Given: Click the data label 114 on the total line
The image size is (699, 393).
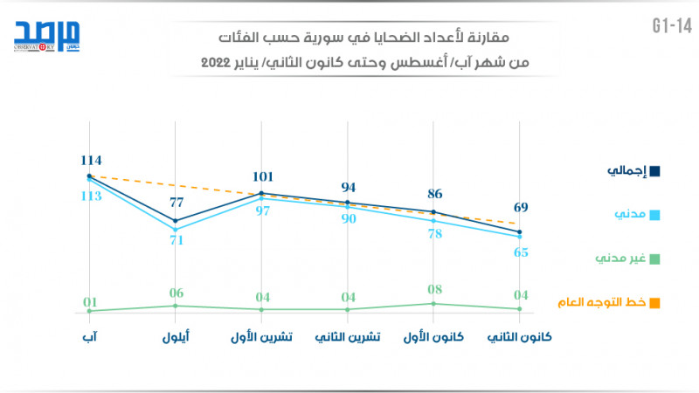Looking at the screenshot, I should (90, 160).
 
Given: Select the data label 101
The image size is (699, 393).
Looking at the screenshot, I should (262, 176).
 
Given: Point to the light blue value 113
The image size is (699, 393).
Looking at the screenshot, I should (90, 196).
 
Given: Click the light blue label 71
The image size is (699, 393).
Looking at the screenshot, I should (176, 240).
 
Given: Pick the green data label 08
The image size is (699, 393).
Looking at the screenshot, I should (434, 289).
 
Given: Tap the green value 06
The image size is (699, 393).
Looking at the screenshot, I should (176, 293).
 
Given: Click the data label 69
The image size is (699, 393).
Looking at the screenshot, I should (520, 208).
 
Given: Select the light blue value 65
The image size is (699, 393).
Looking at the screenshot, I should (520, 252).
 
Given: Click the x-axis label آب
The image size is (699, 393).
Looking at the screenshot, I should (90, 337).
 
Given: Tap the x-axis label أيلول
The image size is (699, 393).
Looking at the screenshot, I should (176, 337).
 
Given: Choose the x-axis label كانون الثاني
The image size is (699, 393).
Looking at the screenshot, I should (520, 337).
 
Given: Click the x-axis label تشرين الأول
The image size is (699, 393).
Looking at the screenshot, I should (262, 337).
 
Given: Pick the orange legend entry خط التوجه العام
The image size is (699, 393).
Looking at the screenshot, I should (608, 302).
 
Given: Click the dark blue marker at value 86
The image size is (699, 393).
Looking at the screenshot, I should (434, 212).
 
